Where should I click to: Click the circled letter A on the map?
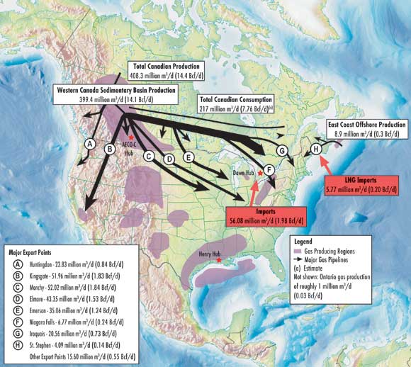coord(89,143)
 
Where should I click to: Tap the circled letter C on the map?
coord(149,155)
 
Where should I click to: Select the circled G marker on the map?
coord(281,150)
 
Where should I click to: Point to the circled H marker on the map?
coord(315,149)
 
